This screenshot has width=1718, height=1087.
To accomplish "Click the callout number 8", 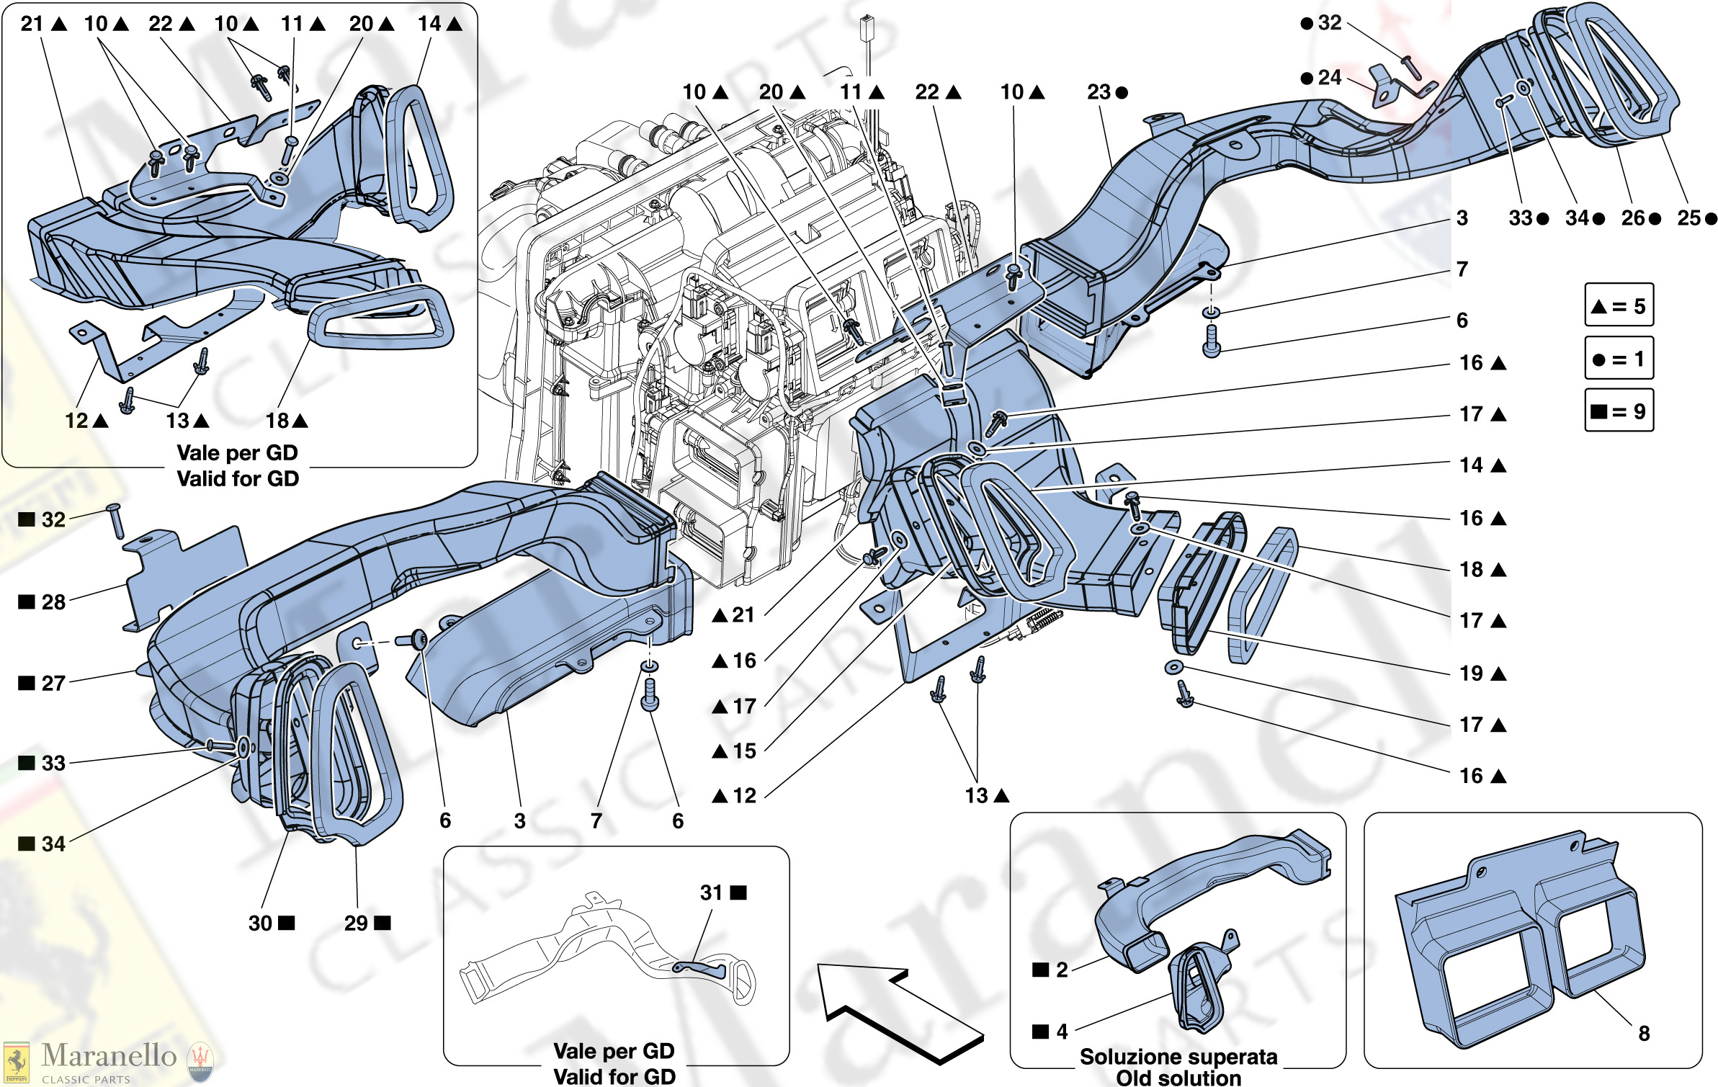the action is pyautogui.click(x=1644, y=1033).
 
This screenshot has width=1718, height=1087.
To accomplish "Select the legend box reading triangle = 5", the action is pyautogui.click(x=1619, y=305).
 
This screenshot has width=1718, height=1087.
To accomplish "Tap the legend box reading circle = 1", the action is pyautogui.click(x=1619, y=358).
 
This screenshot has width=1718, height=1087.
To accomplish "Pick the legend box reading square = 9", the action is pyautogui.click(x=1619, y=411).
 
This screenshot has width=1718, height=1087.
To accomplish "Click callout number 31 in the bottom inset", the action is pyautogui.click(x=712, y=893).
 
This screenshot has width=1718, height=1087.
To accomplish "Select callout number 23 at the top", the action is pyautogui.click(x=1099, y=92).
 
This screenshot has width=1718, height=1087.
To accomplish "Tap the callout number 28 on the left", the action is pyautogui.click(x=53, y=602).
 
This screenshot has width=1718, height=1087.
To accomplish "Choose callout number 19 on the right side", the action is pyautogui.click(x=1471, y=674).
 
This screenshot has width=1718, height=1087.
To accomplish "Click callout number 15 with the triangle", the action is pyautogui.click(x=745, y=751).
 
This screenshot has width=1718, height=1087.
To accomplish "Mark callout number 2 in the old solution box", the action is pyautogui.click(x=1062, y=970).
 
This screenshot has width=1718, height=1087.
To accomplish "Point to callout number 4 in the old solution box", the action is pyautogui.click(x=1062, y=1032).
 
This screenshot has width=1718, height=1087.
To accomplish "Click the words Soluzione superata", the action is pyautogui.click(x=1178, y=1057).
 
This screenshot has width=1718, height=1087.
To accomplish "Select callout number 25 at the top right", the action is pyautogui.click(x=1688, y=218).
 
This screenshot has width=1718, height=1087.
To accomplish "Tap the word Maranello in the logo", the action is pyautogui.click(x=109, y=1055).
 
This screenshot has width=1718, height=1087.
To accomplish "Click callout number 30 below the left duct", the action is pyautogui.click(x=260, y=923).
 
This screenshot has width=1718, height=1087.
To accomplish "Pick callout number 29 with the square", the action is pyautogui.click(x=356, y=923).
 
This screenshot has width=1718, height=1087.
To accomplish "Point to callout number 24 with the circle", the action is pyautogui.click(x=1330, y=78).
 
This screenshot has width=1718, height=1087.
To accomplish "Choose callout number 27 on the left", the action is pyautogui.click(x=53, y=683).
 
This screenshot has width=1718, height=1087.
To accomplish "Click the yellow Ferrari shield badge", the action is pyautogui.click(x=16, y=1063).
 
